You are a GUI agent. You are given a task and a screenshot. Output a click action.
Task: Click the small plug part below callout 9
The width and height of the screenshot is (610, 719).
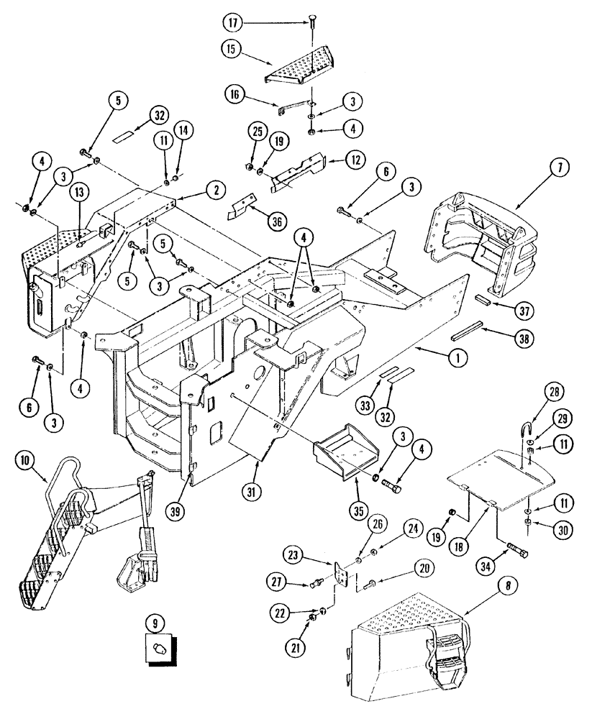pyautogui.click(x=160, y=649)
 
